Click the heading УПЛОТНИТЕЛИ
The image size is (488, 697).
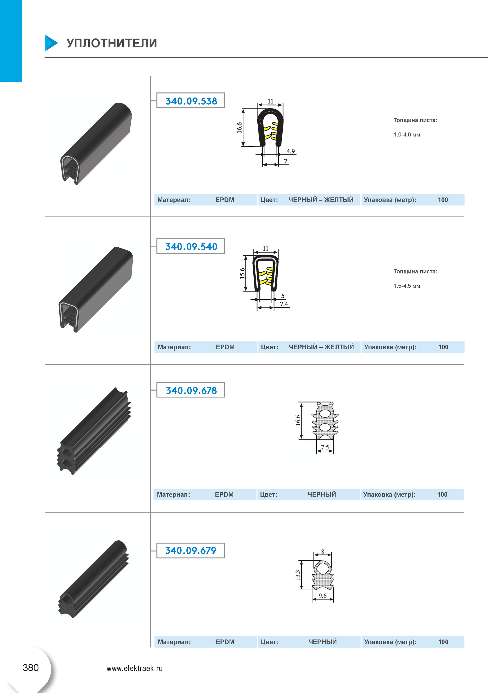[x=112, y=43]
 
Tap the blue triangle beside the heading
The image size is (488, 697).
[x=51, y=43]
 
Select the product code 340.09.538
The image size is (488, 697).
[x=191, y=101]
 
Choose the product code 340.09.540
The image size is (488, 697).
[x=191, y=246]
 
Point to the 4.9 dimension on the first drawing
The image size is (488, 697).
[x=290, y=151]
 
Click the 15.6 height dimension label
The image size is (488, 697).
[x=242, y=273]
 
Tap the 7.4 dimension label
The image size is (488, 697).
[x=284, y=304]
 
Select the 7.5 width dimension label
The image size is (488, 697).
[x=325, y=447]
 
